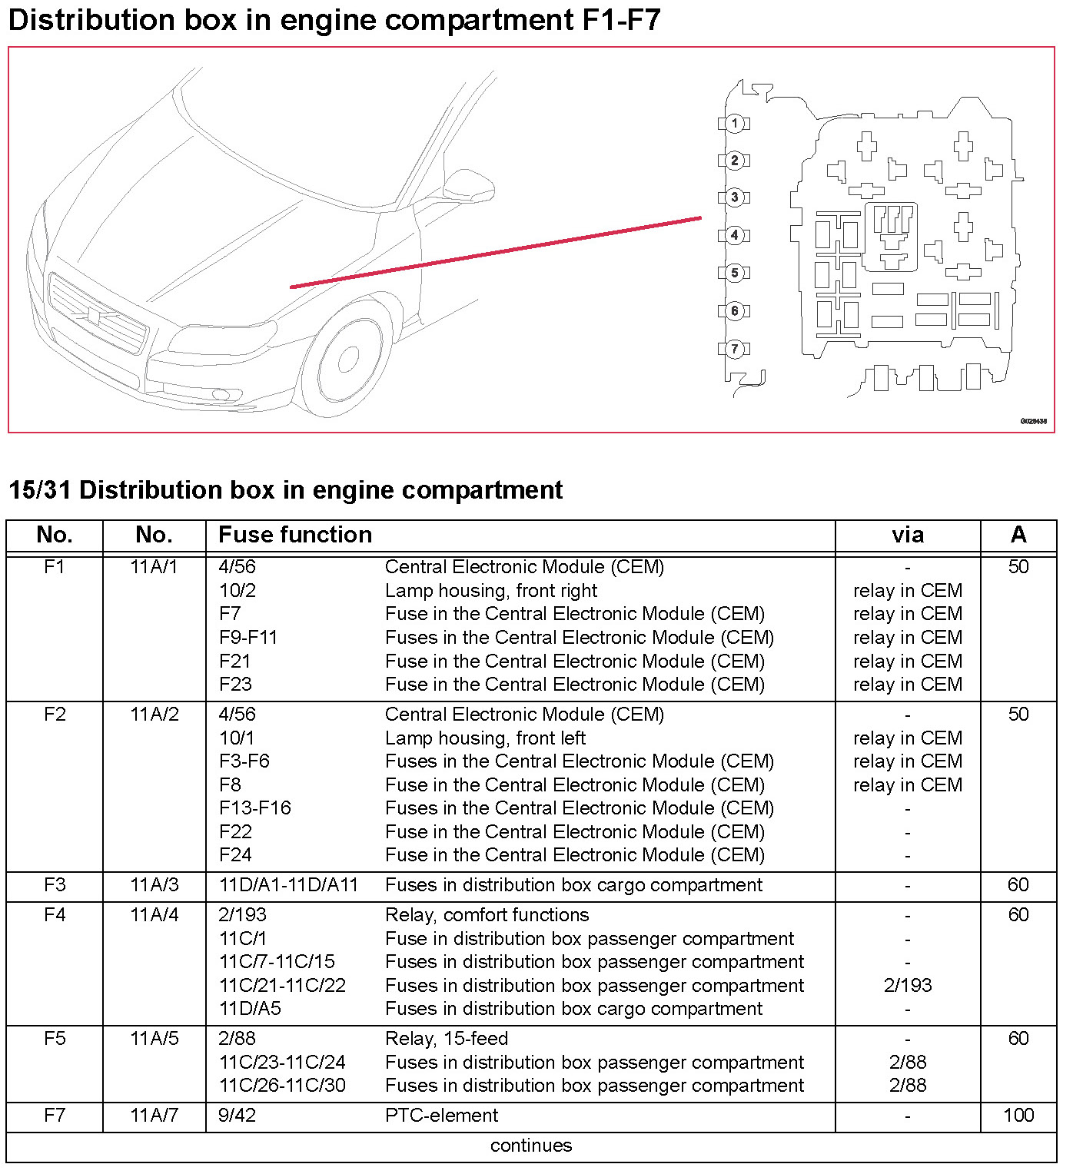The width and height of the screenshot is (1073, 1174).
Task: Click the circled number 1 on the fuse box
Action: (735, 123)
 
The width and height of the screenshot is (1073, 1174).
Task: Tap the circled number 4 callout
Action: (735, 235)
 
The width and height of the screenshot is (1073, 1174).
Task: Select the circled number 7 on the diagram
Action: (735, 349)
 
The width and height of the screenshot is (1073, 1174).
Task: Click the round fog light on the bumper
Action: (221, 395)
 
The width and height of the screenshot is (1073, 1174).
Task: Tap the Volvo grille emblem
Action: (94, 314)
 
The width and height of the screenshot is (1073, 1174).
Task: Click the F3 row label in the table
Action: (55, 885)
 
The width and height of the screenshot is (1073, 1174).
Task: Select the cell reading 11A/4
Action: (154, 915)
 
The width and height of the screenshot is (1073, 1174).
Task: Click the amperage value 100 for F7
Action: (1018, 1116)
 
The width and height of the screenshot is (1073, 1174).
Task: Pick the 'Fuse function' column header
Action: (295, 535)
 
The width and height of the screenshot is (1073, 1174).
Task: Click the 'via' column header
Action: (908, 535)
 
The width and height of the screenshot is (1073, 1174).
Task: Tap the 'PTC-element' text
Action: (441, 1116)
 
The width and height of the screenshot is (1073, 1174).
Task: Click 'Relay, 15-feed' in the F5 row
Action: (447, 1039)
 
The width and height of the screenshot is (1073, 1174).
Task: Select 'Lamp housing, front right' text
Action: (491, 591)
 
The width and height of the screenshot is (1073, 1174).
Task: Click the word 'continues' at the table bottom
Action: (531, 1146)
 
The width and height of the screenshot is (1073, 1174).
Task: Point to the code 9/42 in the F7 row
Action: (237, 1116)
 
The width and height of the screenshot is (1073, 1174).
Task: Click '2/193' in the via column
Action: (908, 986)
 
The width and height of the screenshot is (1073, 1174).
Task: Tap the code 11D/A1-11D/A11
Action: (288, 885)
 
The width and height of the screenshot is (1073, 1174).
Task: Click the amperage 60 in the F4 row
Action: (1018, 915)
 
